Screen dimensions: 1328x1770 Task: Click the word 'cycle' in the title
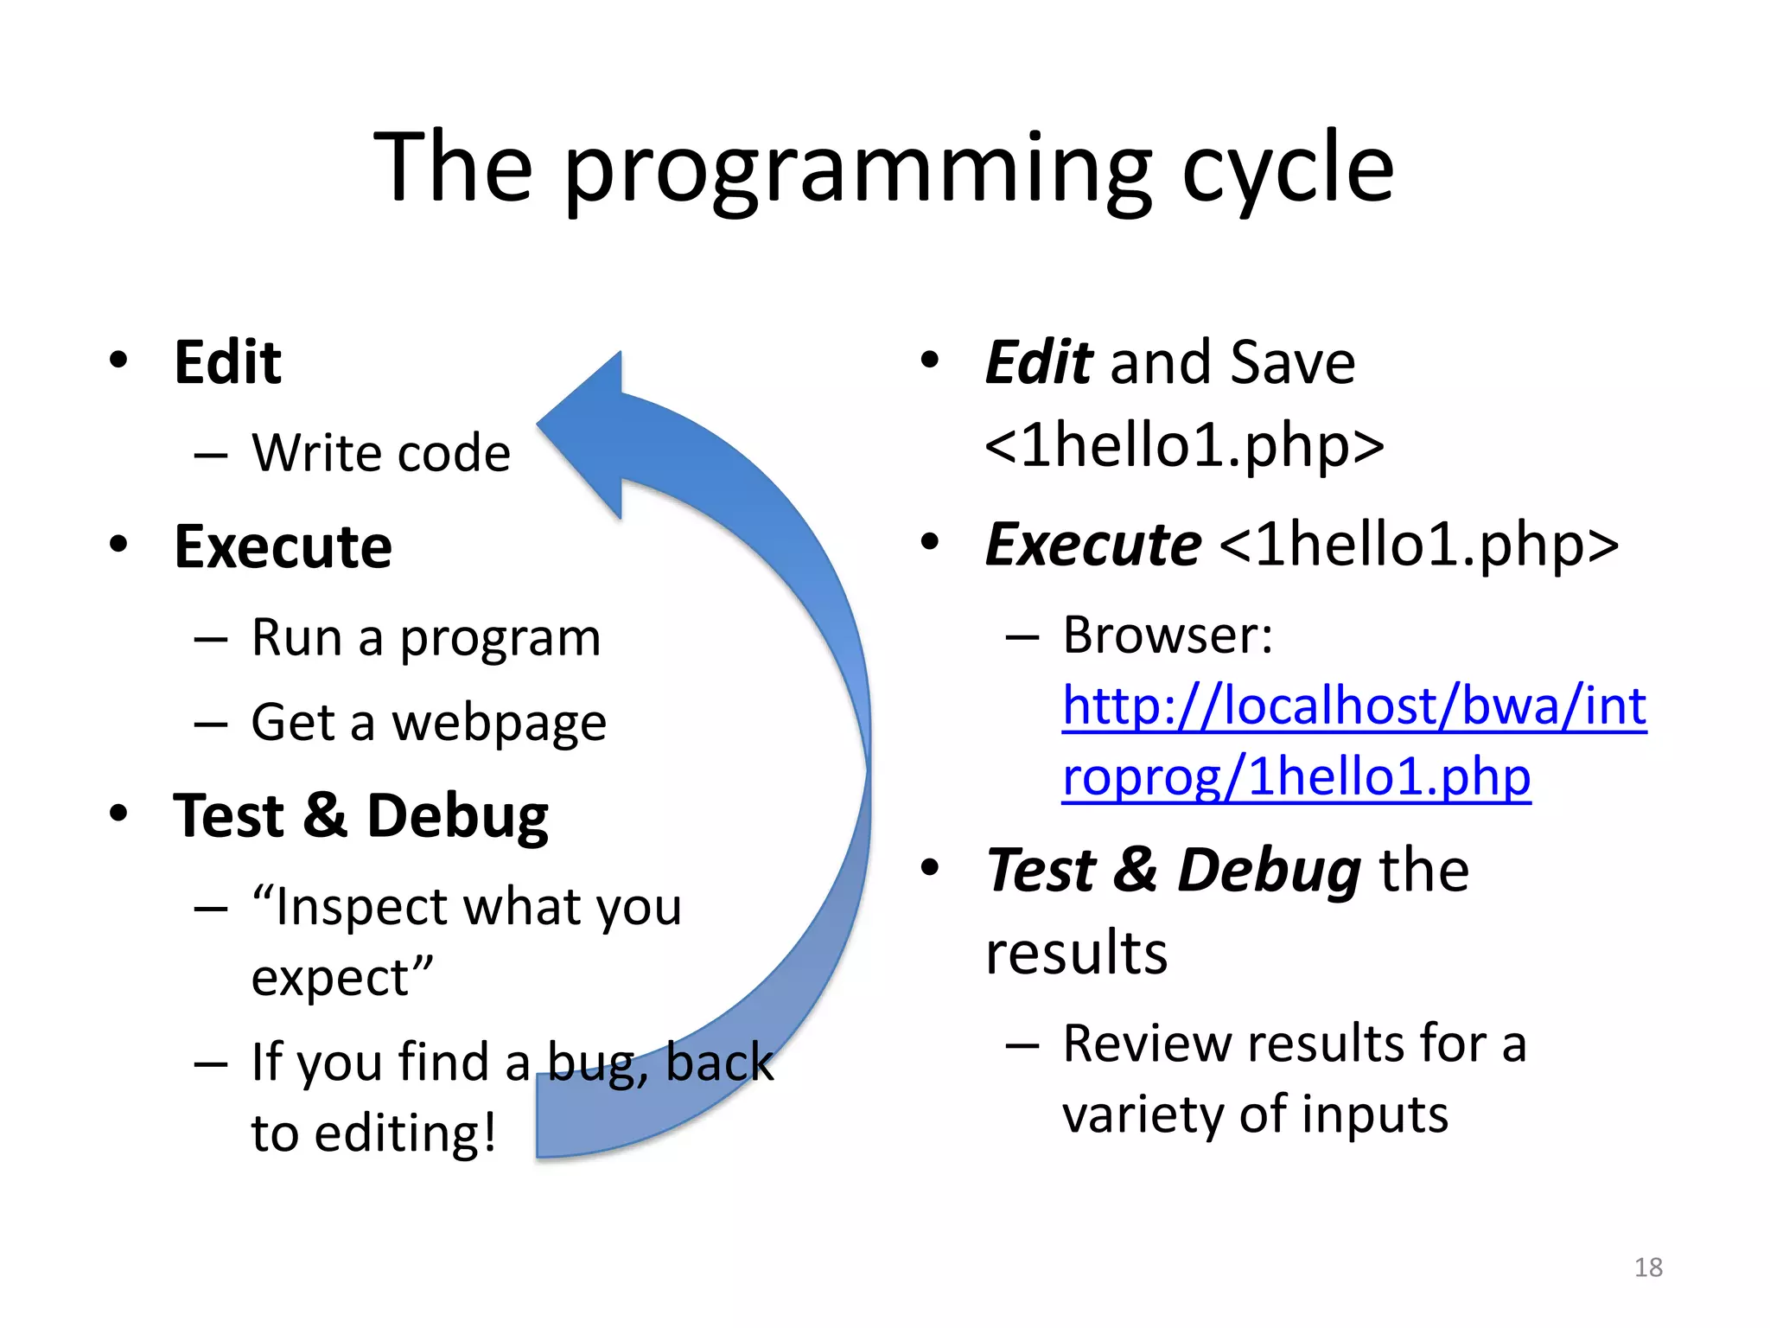[x=1287, y=169]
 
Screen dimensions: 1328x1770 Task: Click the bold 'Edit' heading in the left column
[x=227, y=362]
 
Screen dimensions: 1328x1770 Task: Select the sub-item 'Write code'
[x=380, y=453]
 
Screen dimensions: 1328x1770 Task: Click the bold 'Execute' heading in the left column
[x=283, y=547]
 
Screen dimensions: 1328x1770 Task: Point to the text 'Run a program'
[x=425, y=639]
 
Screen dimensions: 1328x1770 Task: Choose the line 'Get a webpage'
[x=429, y=723]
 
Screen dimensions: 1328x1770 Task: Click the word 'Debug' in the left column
[x=457, y=816]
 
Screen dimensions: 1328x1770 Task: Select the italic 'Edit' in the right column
[x=1039, y=362]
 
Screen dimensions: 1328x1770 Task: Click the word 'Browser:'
[x=1168, y=635]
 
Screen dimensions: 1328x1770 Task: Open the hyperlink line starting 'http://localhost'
[x=1353, y=705]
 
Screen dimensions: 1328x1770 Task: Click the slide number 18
[x=1648, y=1267]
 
